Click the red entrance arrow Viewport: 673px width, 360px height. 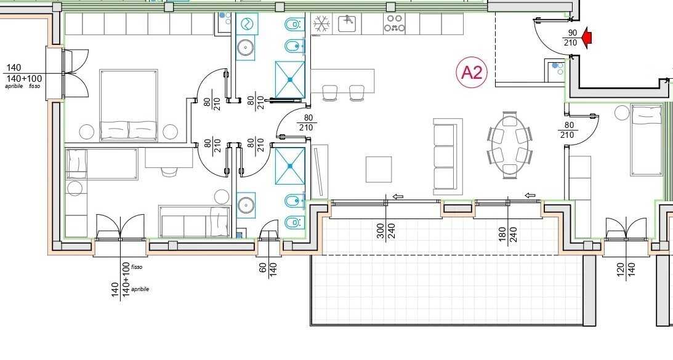tap(586, 38)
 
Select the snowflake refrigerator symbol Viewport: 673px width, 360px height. tap(320, 24)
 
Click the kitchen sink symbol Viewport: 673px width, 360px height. tap(349, 23)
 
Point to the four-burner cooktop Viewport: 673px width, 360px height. tap(395, 23)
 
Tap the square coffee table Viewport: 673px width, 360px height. tap(379, 169)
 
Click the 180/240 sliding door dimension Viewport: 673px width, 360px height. tap(508, 234)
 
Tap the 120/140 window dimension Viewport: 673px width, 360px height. tap(626, 271)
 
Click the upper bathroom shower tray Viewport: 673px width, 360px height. tap(290, 79)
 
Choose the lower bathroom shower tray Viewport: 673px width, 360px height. tap(290, 166)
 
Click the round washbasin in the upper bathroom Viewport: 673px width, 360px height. tap(246, 47)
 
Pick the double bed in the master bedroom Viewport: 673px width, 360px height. tap(129, 105)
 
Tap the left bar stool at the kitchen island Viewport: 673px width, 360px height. tap(330, 93)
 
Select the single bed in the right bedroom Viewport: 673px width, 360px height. tap(647, 141)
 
